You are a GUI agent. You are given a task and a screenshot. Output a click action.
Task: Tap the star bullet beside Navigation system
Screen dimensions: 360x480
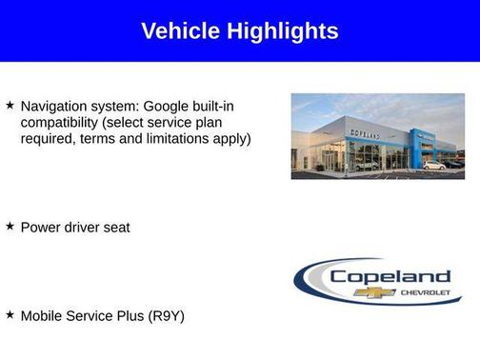(10, 105)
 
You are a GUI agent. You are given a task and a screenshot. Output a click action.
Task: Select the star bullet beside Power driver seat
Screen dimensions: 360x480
(10, 227)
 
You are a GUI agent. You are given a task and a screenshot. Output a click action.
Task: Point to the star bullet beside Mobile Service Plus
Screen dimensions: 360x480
(10, 314)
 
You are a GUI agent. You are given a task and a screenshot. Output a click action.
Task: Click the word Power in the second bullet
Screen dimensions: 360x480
(41, 228)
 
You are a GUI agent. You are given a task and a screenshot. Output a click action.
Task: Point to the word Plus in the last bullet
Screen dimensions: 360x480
(130, 315)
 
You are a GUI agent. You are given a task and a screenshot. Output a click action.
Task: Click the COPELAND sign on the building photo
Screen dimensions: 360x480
(365, 135)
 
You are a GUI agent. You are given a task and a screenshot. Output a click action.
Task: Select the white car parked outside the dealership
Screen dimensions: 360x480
(433, 166)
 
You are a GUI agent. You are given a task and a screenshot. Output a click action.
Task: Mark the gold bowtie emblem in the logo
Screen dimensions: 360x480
(374, 292)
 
